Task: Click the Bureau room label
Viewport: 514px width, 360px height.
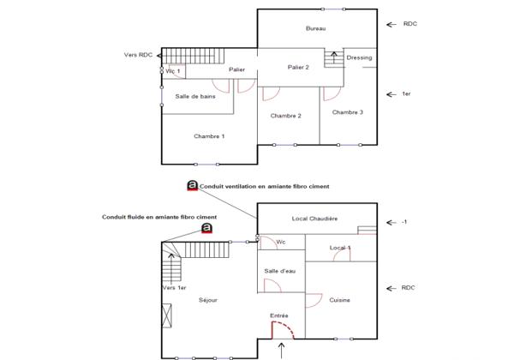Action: pyautogui.click(x=316, y=29)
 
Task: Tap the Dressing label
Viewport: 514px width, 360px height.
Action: pyautogui.click(x=359, y=57)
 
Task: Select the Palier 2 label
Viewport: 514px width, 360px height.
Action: pyautogui.click(x=298, y=67)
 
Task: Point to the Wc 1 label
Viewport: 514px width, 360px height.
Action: pyautogui.click(x=172, y=71)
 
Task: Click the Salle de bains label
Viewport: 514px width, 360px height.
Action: pyautogui.click(x=195, y=97)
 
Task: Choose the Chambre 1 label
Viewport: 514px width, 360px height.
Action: pyautogui.click(x=209, y=136)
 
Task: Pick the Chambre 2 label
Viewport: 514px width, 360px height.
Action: pyautogui.click(x=286, y=116)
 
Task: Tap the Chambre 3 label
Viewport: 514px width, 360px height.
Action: pyautogui.click(x=348, y=112)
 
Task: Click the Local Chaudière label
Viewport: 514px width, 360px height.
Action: pyautogui.click(x=314, y=219)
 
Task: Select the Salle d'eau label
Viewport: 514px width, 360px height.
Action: pyautogui.click(x=279, y=271)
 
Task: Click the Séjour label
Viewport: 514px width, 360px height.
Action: pyautogui.click(x=208, y=300)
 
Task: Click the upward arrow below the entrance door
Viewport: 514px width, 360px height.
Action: pyautogui.click(x=282, y=349)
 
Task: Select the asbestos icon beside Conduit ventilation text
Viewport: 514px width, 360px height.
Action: pyautogui.click(x=192, y=184)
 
